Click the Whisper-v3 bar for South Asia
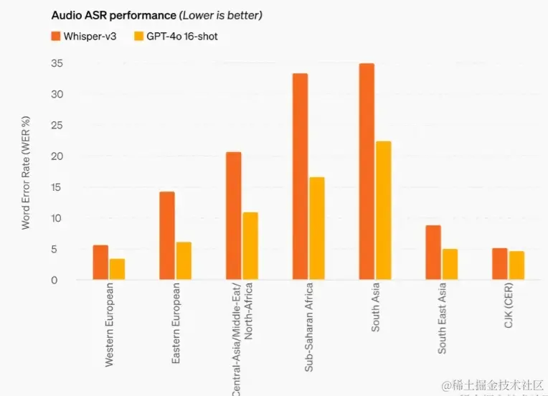(367, 171)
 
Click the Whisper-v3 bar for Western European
(100, 263)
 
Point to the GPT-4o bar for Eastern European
(184, 261)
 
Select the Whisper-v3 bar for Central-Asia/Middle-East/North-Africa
(233, 216)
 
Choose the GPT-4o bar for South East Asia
(450, 264)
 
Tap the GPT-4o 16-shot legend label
(184, 35)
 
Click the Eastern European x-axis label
(176, 324)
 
